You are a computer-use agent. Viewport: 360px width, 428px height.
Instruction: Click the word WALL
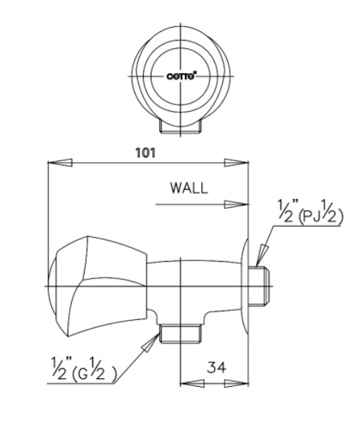coord(189,189)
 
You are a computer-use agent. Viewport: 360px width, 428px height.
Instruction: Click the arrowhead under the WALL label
coord(235,204)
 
